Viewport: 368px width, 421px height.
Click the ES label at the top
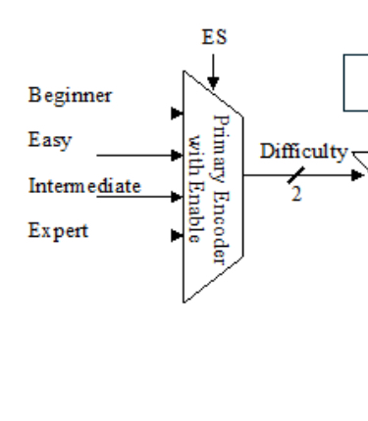214,37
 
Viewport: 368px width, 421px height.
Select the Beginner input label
70,95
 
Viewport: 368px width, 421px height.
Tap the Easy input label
49,140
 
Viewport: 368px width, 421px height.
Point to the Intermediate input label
84,185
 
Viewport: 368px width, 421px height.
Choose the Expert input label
58,231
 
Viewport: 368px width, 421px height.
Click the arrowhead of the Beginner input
177,113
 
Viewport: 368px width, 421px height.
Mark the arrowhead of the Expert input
177,235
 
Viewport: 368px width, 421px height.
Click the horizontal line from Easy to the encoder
132,155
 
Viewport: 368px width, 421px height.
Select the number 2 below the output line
295,194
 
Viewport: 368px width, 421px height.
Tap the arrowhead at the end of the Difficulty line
357,176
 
